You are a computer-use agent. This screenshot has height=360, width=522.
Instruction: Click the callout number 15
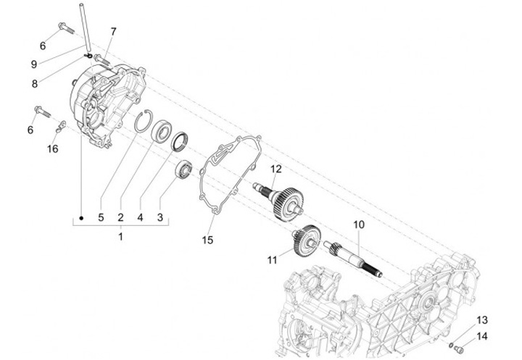point(207,239)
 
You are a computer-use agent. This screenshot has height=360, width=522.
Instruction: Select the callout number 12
point(275,169)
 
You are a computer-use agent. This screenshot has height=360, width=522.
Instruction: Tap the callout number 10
point(357,225)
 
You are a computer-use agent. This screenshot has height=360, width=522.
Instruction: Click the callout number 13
point(481,319)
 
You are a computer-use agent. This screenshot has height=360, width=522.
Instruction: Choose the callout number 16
point(52,149)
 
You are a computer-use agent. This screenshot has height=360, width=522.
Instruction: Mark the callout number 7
point(113,31)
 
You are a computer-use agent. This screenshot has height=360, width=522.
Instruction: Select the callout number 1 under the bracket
point(121,237)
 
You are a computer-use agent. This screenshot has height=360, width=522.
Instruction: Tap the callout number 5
point(101,217)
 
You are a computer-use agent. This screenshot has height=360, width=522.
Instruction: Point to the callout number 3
point(160,217)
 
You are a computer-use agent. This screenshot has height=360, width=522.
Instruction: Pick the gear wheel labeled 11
point(306,240)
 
